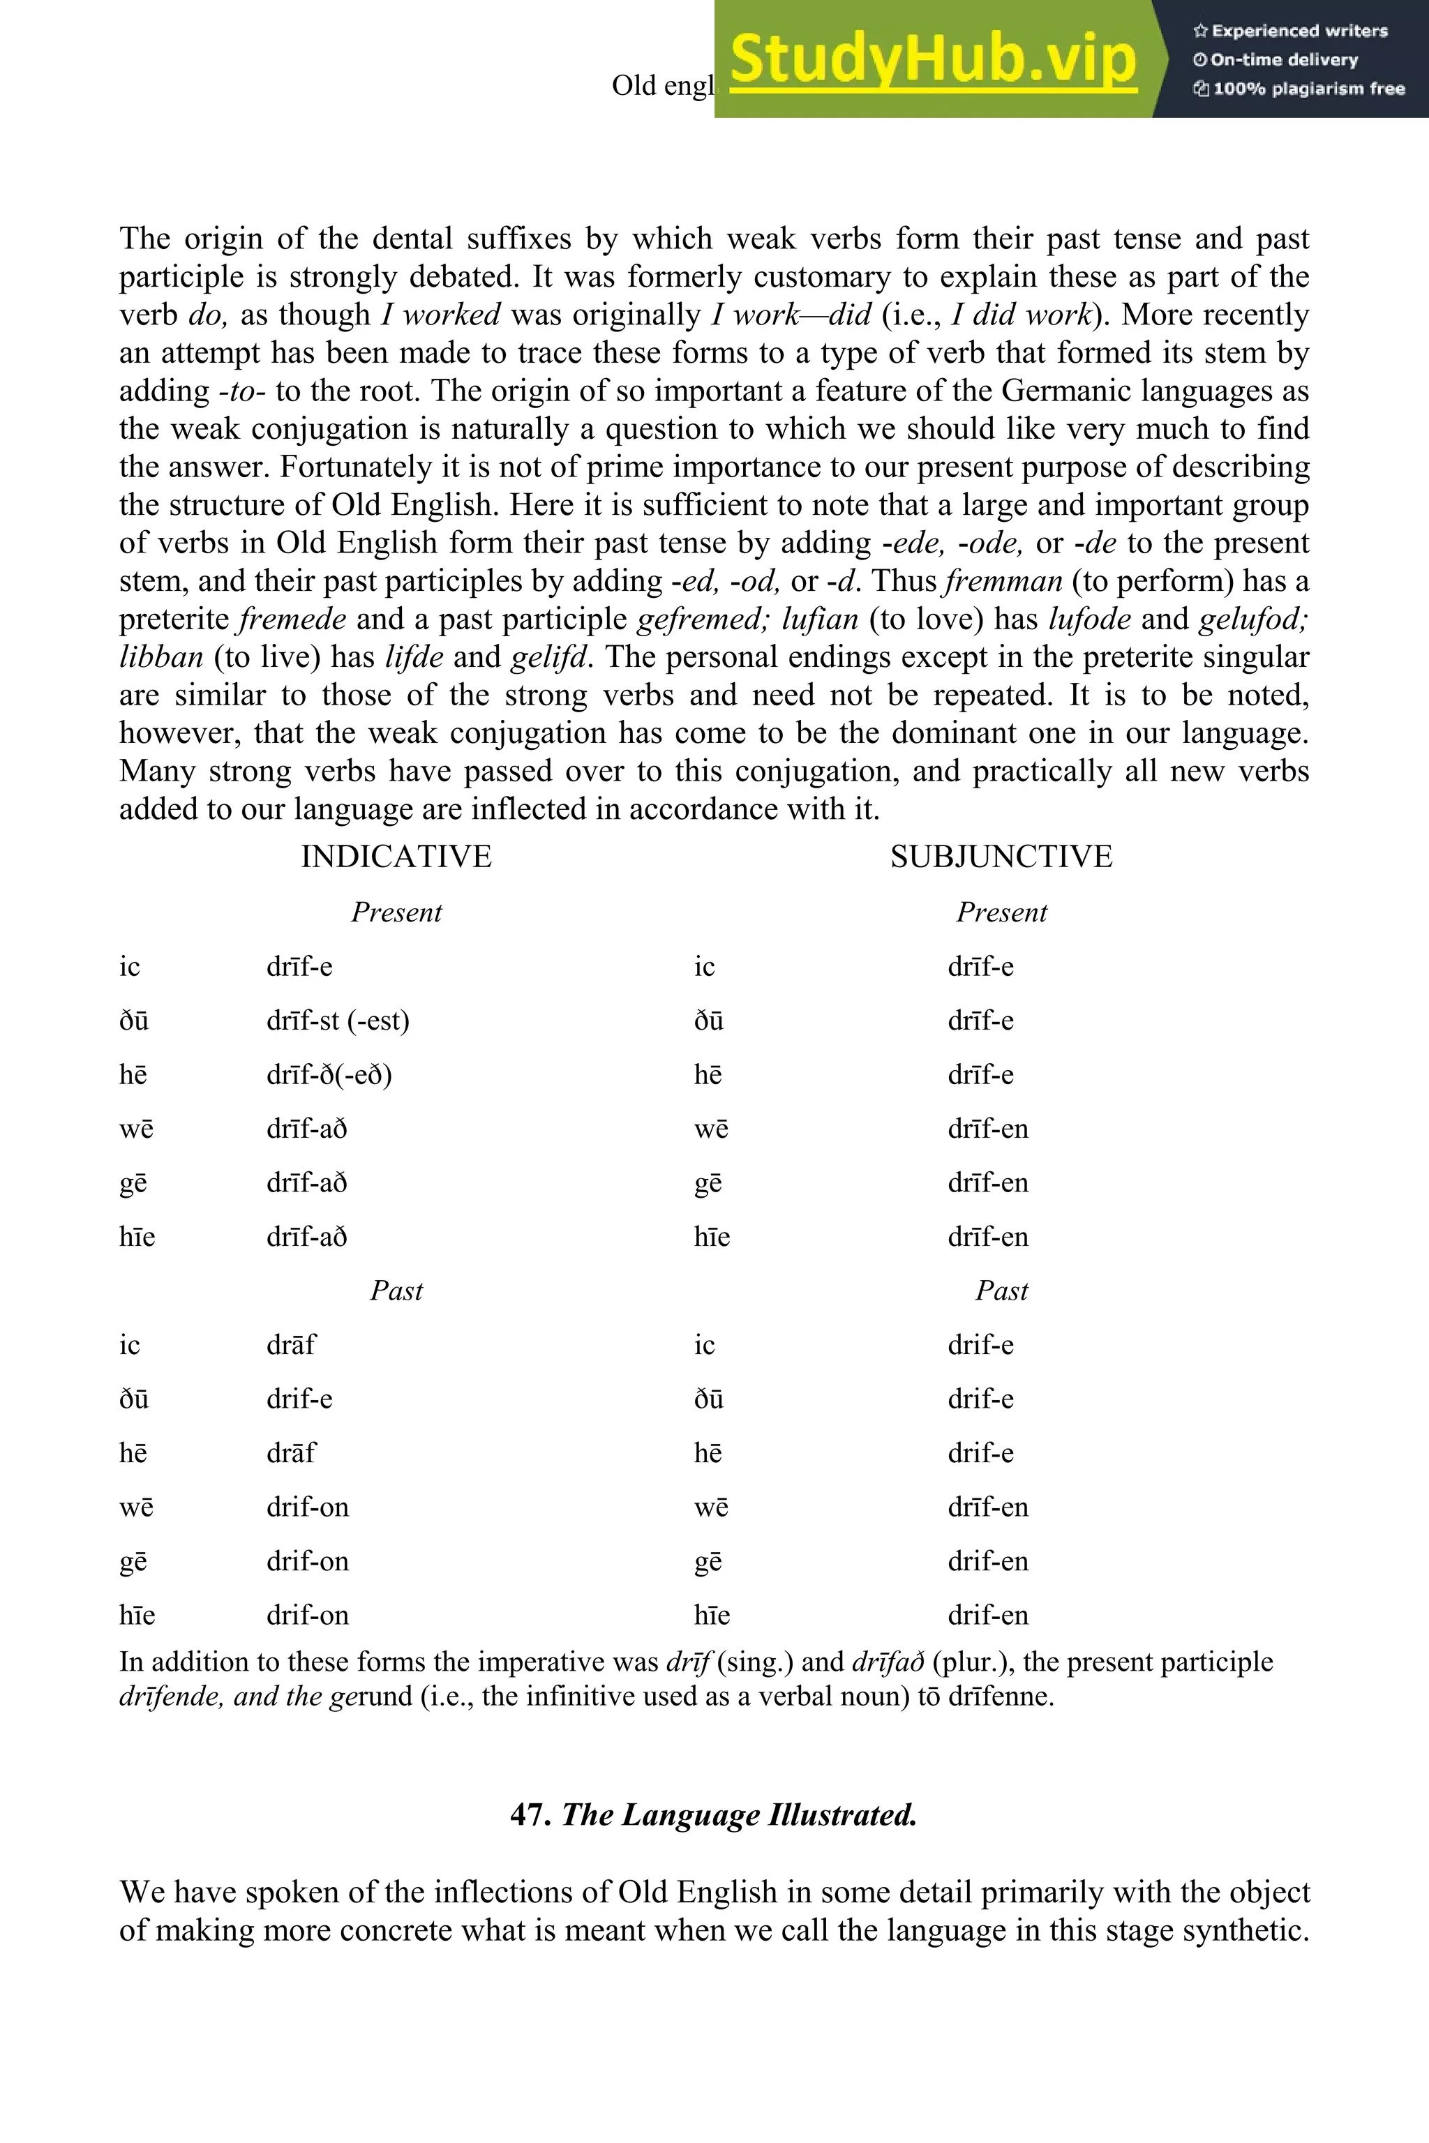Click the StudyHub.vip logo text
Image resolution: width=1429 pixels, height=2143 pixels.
[x=932, y=59]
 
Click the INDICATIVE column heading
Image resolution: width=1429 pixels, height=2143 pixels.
[x=396, y=857]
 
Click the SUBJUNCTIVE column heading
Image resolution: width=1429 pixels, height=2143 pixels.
[x=1001, y=857]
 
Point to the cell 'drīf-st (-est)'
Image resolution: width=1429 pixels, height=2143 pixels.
[x=337, y=1021]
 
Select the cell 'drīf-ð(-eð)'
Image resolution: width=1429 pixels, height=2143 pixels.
[x=329, y=1074]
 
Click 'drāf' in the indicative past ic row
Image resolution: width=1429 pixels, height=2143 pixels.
[x=291, y=1345]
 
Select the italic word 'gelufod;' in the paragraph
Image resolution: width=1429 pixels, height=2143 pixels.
[x=1253, y=619]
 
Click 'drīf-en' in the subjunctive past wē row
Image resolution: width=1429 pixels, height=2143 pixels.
[x=987, y=1507]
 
